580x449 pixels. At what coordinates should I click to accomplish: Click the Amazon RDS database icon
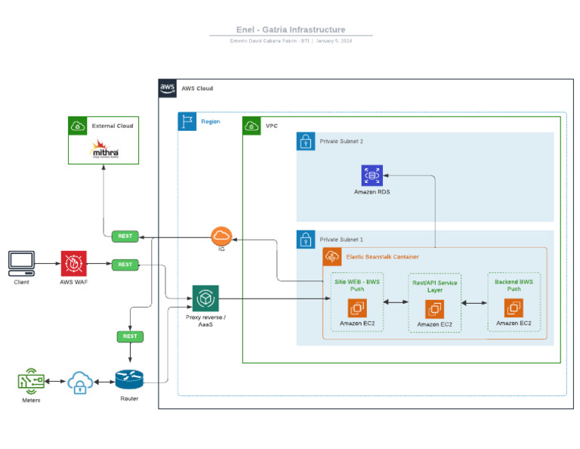point(372,175)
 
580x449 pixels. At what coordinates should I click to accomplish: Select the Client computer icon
point(21,263)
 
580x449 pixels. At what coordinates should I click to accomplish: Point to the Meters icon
point(31,382)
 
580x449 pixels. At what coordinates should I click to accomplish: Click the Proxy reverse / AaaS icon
point(205,299)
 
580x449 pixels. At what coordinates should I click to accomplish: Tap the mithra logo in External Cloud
point(104,150)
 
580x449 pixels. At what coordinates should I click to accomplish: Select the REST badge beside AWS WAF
point(125,265)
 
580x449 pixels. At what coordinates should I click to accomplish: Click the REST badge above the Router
point(130,336)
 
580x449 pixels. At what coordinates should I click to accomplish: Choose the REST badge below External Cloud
point(125,236)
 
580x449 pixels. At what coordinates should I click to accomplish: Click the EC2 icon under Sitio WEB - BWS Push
point(357,308)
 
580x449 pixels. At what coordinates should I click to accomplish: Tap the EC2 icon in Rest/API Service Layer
point(434,309)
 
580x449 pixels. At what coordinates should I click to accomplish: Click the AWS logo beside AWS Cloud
point(168,89)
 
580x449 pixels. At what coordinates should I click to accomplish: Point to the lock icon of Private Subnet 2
point(306,141)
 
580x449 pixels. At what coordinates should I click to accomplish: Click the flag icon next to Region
point(187,121)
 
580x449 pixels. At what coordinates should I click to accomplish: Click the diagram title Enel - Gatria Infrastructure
point(291,29)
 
